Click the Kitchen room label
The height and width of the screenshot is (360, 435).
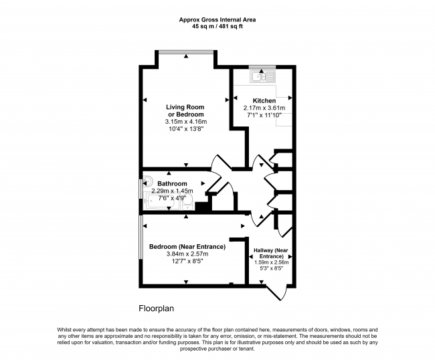coord(264,100)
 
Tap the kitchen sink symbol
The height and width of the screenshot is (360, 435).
coord(262,76)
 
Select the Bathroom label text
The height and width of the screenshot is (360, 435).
coord(172,183)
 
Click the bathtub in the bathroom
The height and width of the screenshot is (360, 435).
coord(159,201)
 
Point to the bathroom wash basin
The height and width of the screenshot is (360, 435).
coord(147,181)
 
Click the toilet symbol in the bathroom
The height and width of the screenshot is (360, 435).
coord(187,204)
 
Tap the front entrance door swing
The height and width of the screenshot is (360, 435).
coord(276,292)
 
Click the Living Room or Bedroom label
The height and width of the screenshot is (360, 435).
coord(185,110)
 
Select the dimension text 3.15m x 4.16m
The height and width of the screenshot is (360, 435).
coord(186,122)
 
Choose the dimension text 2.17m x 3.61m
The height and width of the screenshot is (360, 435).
coord(264,108)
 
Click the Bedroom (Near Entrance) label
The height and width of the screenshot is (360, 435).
coord(187,246)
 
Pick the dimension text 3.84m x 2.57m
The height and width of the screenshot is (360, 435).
coord(187,254)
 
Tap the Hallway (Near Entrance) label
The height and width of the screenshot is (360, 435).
coord(271,253)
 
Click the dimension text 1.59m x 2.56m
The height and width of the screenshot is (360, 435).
coord(271,263)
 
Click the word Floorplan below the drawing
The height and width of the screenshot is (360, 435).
coord(156,308)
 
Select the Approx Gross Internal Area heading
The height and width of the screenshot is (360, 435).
coord(217,19)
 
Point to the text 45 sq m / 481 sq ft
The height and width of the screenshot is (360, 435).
coord(217,27)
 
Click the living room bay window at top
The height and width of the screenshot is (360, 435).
coord(186,52)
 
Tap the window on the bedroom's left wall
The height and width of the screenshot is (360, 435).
coord(141,237)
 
